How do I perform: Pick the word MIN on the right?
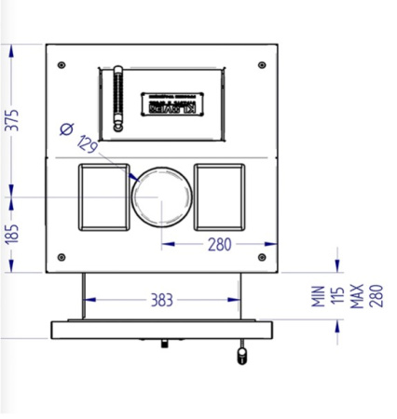[x=318, y=296]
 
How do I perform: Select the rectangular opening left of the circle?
[x=102, y=196]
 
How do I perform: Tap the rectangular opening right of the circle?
[x=220, y=196]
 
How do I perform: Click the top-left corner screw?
[x=62, y=65]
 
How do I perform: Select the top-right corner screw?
[x=262, y=65]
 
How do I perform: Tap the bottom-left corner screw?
[x=62, y=257]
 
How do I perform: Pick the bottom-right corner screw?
[x=262, y=257]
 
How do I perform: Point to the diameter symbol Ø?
[x=66, y=129]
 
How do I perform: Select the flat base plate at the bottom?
[x=162, y=331]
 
